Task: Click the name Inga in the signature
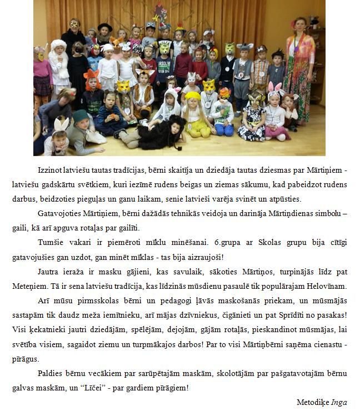click(339, 401)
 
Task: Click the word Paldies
click(50, 374)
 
